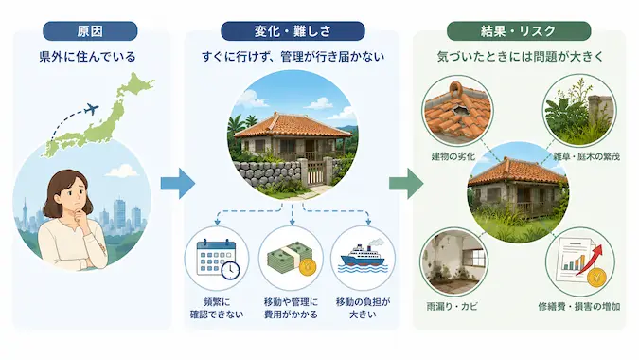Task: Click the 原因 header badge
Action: pos(90,31)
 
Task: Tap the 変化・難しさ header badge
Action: pos(293,31)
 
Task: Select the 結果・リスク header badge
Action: pos(519,31)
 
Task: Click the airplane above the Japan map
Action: pos(92,109)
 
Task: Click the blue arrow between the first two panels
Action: pos(177,184)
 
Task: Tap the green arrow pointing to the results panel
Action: pos(406,184)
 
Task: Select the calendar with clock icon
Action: pos(218,260)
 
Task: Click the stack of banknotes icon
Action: pos(291,260)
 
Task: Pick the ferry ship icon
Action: pos(363,258)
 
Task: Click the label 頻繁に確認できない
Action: pos(217,308)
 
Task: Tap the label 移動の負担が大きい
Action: pos(363,308)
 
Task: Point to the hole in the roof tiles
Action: pos(460,109)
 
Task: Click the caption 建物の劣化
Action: pos(453,156)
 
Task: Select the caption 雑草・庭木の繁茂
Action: pos(586,156)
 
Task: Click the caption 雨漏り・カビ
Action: pos(452,306)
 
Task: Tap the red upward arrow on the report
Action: pos(589,260)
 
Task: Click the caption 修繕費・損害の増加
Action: pos(579,306)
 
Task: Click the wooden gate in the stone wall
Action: pos(316,172)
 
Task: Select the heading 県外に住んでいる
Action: pos(87,56)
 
